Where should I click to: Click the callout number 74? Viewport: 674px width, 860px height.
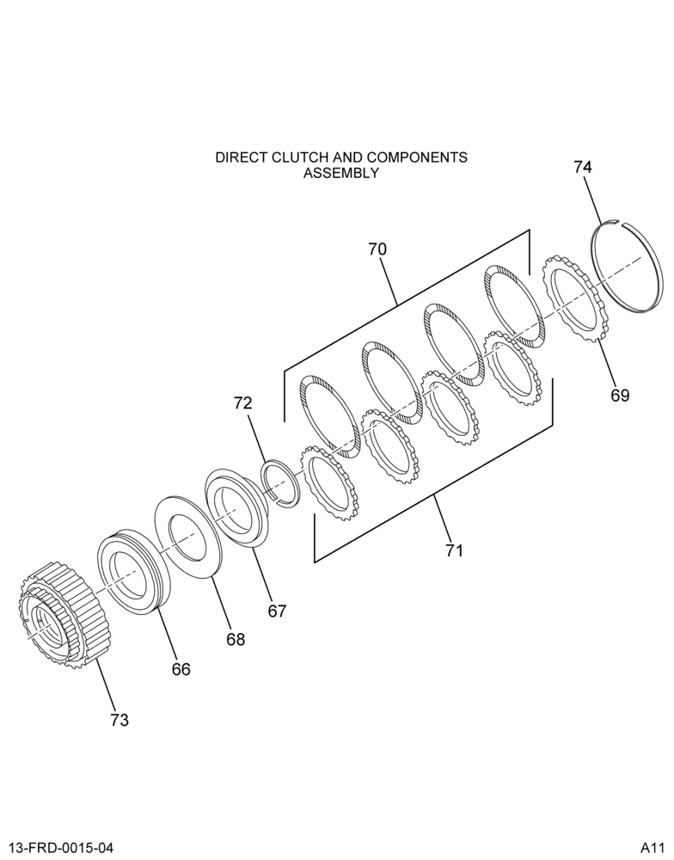[583, 167]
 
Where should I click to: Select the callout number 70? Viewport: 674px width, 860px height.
[377, 249]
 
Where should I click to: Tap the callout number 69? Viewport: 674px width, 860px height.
[620, 395]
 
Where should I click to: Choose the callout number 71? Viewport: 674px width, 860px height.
[454, 550]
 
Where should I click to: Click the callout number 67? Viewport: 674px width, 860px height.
[277, 611]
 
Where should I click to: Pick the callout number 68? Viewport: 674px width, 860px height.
[236, 639]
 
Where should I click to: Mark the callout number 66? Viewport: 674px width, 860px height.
[181, 669]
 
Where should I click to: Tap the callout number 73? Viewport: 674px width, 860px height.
[119, 720]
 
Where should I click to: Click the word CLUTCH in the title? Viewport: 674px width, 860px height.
[299, 157]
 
